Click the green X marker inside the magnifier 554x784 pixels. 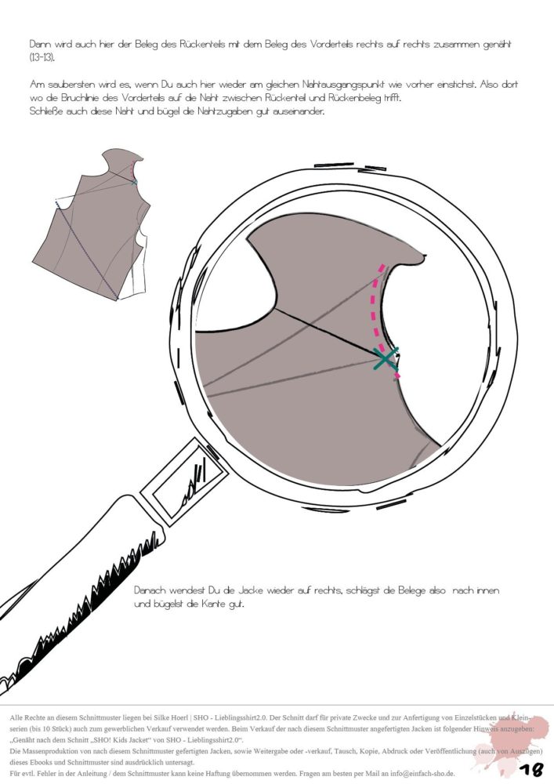click(x=386, y=358)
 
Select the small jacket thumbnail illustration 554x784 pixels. click(x=92, y=225)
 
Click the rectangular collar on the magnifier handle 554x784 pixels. click(x=183, y=482)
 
